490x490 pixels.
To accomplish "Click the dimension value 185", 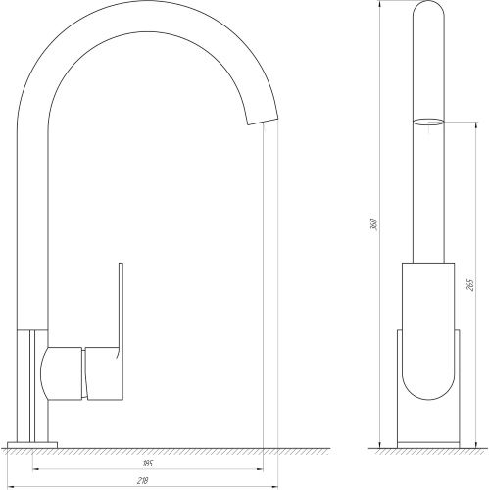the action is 148,464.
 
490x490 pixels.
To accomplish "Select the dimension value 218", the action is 143,480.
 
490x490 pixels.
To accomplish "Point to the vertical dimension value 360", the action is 374,223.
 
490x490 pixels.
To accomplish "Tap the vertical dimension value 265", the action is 470,285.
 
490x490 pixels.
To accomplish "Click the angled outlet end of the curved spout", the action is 263,121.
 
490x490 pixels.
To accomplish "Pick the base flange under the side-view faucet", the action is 32,445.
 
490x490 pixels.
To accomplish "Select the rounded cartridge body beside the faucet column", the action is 61,373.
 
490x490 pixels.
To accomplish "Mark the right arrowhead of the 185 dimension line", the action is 260,469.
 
